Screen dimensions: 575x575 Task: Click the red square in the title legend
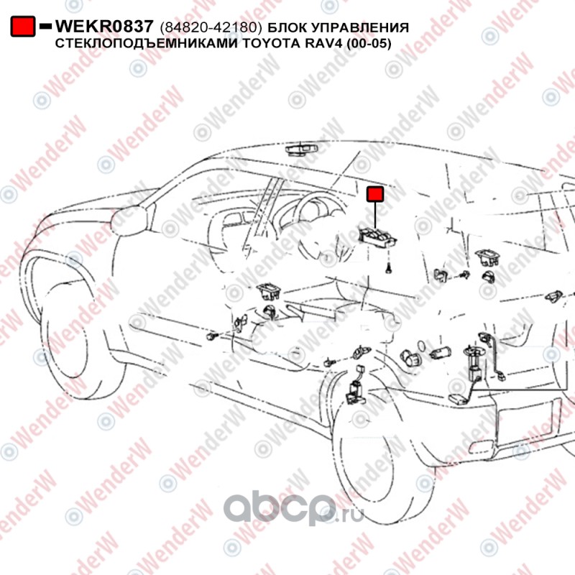click(24, 27)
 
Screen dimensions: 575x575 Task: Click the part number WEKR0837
click(104, 27)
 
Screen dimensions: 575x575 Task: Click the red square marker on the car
click(375, 194)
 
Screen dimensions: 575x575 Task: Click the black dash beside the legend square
click(45, 27)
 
